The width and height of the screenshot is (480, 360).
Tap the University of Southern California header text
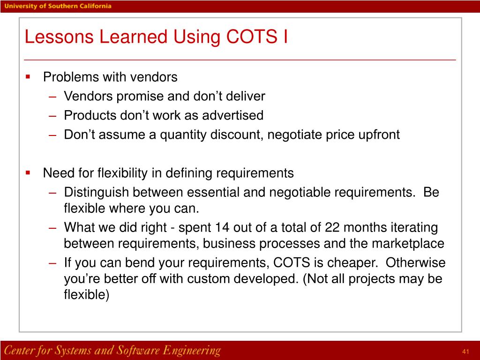coord(58,6)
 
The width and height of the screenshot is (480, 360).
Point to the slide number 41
coord(465,352)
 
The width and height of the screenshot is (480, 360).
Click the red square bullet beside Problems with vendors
coord(28,76)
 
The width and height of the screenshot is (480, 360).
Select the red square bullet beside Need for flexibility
coord(28,172)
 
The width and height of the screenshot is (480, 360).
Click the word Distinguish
coord(97,193)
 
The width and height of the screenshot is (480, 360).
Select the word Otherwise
coord(416,262)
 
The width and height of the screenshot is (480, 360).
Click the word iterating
coord(412,228)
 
